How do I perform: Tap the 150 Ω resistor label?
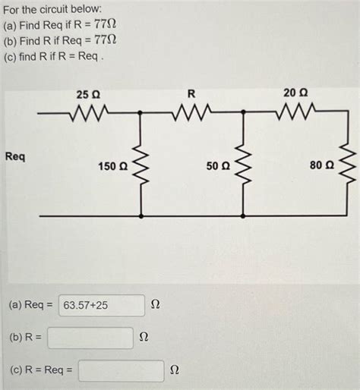coord(112,165)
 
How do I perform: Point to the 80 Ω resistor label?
coord(321,165)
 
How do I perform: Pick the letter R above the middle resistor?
coord(191,94)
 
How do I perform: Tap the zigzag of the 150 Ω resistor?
coord(141,165)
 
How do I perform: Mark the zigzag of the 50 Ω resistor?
coord(243,165)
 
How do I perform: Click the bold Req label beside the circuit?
coord(15,156)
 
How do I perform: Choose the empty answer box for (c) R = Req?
coord(120,371)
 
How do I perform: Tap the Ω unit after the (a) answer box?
coord(155,305)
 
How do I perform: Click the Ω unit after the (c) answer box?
coord(175,371)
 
